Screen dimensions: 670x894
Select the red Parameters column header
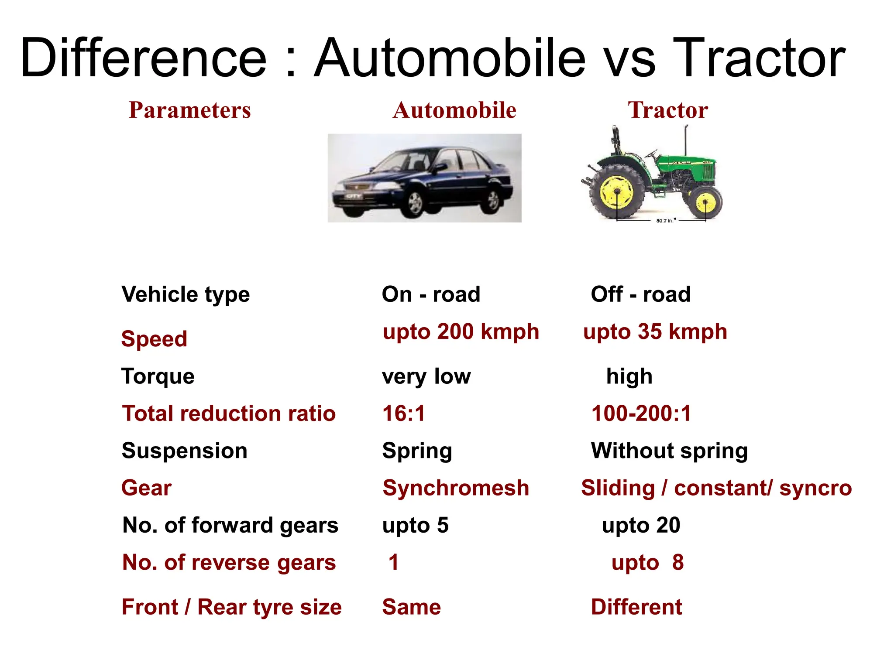[x=189, y=110]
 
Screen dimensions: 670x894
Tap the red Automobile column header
[x=454, y=110]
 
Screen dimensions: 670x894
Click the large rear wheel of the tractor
[x=617, y=192]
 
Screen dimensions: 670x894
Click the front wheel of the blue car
[x=414, y=203]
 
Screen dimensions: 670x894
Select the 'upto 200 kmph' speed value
[x=461, y=332]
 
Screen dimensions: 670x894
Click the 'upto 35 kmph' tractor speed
[x=655, y=332]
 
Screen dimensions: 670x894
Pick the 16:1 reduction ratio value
[x=403, y=413]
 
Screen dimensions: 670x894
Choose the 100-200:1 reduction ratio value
[x=641, y=413]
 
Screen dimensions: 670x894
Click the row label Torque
[x=158, y=376]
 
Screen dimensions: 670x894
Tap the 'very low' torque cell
[x=426, y=376]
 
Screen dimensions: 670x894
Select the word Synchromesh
[x=455, y=488]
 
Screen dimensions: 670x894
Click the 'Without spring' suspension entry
[x=669, y=451]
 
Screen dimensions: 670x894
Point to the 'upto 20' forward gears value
[x=641, y=525]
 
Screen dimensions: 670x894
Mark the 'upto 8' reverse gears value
[x=647, y=562]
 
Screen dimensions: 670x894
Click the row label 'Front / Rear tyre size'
[x=231, y=607]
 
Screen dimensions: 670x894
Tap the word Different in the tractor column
[x=636, y=607]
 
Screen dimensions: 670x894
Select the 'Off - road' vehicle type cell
[x=640, y=294]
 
